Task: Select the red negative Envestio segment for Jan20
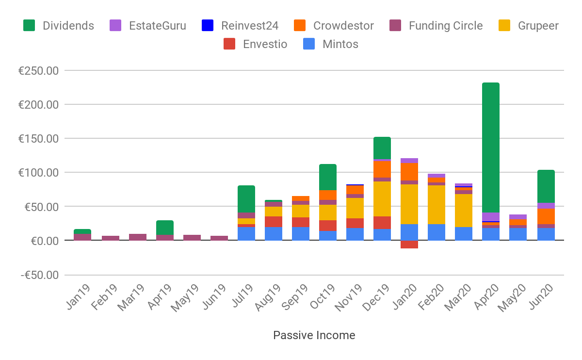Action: (409, 245)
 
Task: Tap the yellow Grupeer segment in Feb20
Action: (436, 204)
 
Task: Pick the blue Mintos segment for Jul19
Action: (246, 233)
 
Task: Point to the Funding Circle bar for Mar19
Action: (137, 237)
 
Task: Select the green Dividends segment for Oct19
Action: (327, 177)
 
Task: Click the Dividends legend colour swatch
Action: (30, 26)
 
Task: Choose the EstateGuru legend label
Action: (157, 26)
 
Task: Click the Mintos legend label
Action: (340, 44)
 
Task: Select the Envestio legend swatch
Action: (230, 44)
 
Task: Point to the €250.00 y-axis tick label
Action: (38, 71)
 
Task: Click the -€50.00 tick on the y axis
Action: (39, 275)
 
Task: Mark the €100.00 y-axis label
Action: (38, 173)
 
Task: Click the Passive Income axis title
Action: (314, 335)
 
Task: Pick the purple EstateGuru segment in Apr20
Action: (490, 216)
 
